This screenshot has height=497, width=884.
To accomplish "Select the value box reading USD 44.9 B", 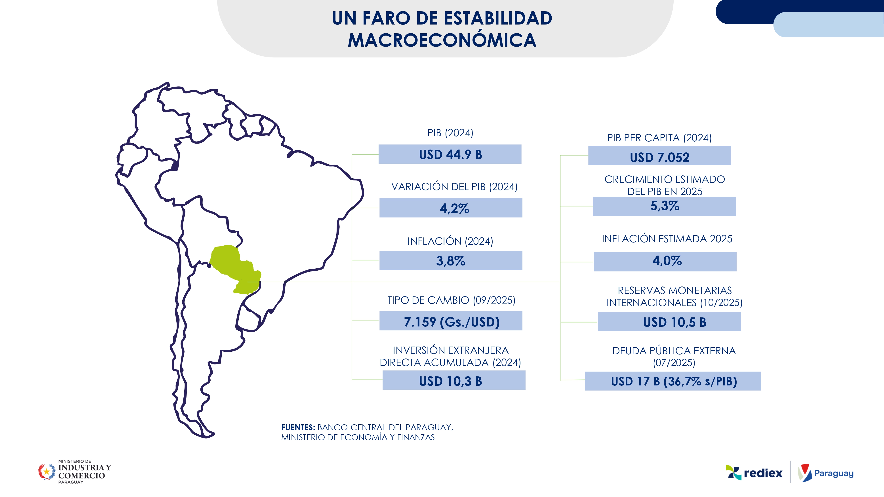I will pyautogui.click(x=450, y=154).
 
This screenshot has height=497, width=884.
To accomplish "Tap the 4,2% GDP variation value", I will pyautogui.click(x=454, y=208).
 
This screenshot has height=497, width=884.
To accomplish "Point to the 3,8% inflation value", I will pyautogui.click(x=451, y=261).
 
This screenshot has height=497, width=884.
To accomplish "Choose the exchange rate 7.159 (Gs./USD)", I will pyautogui.click(x=451, y=322).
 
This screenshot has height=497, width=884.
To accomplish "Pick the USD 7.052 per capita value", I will pyautogui.click(x=659, y=157).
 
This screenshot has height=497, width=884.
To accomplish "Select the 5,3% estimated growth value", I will pyautogui.click(x=664, y=206).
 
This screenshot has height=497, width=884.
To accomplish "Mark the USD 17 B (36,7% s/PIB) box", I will pyautogui.click(x=674, y=381).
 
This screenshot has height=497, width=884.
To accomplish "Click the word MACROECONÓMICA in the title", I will pyautogui.click(x=442, y=40).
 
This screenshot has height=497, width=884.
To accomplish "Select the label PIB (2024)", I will pyautogui.click(x=450, y=133).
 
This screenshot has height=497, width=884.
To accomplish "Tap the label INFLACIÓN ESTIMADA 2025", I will pyautogui.click(x=667, y=239).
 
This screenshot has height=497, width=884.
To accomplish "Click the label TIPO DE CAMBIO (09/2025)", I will pyautogui.click(x=451, y=300).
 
